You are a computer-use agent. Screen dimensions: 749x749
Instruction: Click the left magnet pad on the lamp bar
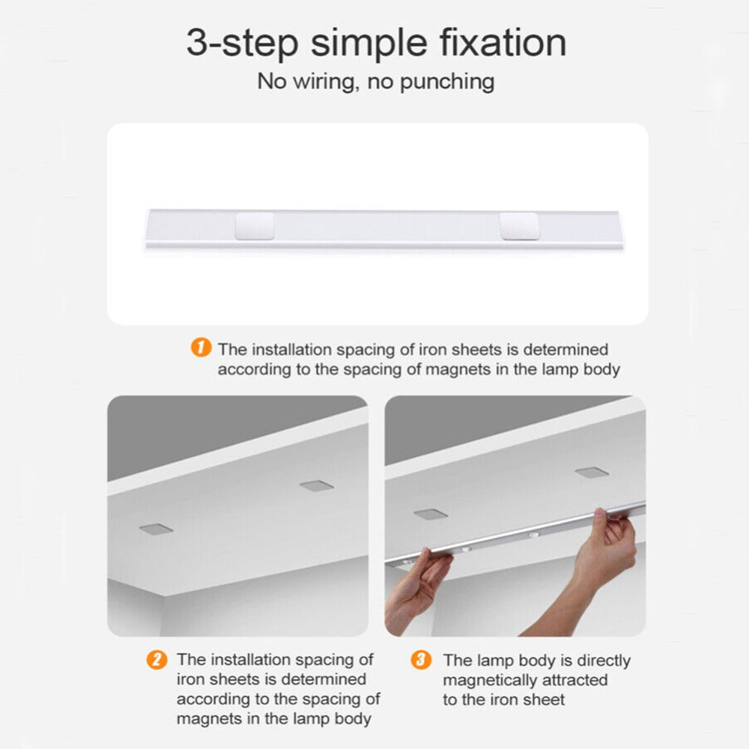(x=254, y=226)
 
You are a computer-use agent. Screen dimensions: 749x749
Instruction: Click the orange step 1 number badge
(x=200, y=348)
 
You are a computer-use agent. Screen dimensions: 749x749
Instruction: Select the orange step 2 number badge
(x=157, y=660)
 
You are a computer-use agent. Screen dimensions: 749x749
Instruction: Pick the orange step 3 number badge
(x=422, y=660)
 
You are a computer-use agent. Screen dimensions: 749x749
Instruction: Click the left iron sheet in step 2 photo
(x=155, y=529)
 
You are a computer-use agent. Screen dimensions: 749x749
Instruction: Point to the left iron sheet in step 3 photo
(x=430, y=515)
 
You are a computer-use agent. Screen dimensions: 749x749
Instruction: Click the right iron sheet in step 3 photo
(x=592, y=473)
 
